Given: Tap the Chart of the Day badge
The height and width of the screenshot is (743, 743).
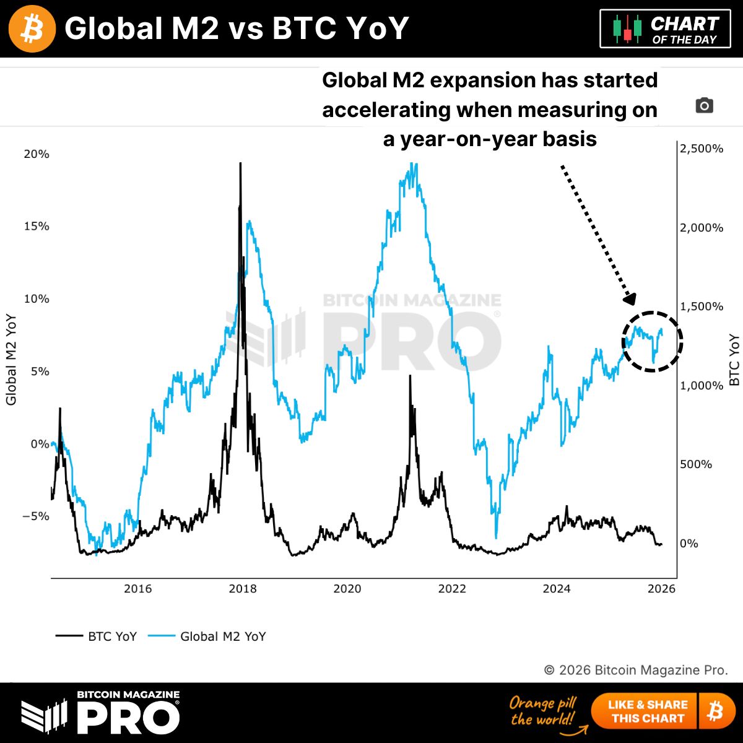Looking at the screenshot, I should point(665,29).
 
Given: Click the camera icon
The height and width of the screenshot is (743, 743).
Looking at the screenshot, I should point(704,106).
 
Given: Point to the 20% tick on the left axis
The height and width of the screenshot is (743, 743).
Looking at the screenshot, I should point(37,154).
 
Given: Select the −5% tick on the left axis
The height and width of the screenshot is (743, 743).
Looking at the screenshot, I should point(36,516).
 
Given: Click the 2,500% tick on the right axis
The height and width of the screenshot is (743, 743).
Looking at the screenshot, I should point(701,149).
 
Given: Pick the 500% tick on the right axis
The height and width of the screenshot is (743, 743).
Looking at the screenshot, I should point(695,464).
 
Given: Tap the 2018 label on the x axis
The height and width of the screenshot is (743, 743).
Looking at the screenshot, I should point(242,588).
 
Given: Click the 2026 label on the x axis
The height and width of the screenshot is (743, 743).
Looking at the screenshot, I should point(661,588).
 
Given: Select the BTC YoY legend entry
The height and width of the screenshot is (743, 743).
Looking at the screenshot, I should point(97,637).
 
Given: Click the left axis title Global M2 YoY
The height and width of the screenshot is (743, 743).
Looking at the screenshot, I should point(11,360).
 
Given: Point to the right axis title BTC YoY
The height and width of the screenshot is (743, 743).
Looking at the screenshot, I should point(734,360).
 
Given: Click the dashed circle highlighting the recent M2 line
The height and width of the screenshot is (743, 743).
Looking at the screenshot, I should point(652,341).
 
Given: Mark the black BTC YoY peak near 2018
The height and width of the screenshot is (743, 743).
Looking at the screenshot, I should point(240,165).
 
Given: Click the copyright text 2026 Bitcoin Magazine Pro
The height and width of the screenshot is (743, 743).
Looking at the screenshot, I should point(636,670).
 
